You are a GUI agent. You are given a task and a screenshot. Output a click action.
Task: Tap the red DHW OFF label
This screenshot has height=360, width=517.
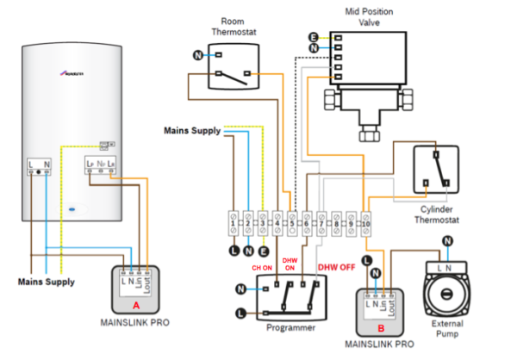coord(338,267)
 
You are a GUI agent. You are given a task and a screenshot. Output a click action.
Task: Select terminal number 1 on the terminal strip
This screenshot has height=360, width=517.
coord(233,223)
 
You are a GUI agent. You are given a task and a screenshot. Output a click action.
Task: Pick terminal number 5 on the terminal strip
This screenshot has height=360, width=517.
coord(292,223)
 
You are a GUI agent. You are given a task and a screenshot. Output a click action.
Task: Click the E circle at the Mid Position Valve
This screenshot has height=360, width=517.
coord(313,37)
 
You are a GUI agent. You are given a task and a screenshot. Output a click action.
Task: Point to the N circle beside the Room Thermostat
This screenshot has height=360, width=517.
coord(197,56)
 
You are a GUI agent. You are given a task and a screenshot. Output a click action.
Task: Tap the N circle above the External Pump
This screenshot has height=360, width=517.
coord(446,241)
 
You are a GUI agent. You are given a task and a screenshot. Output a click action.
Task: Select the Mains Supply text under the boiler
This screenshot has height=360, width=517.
coord(46,282)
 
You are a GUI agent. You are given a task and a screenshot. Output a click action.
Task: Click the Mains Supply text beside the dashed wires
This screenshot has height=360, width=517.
coord(191,131)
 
